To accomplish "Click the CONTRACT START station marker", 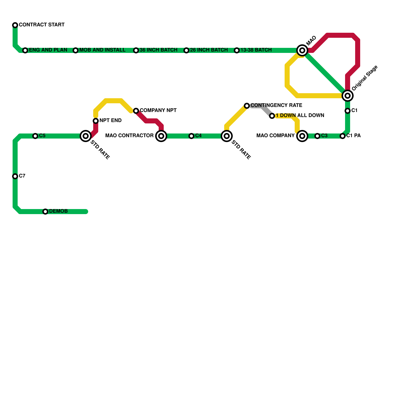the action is coord(15,25).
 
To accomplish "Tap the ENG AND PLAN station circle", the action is coord(25,50).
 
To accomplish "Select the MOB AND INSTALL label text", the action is coord(102,50).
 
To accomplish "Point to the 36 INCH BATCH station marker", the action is coord(136,50).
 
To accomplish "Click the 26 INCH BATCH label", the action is coord(209,50).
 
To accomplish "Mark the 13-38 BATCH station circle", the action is coord(237,50).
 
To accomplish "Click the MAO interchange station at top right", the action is coord(302,50).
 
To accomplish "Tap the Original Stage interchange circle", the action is coord(348,96).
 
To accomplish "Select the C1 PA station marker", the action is coord(343,136).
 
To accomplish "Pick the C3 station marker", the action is coord(317,136).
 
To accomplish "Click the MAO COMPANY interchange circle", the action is coord(302,136).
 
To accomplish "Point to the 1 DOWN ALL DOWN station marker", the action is coord(272,116).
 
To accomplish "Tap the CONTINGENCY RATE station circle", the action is coord(247,106).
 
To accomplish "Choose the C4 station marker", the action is coord(191,136).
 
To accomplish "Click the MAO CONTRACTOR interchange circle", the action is coord(161,136).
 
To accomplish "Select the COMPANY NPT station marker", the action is coord(136,111).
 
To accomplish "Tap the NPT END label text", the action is coord(110,121).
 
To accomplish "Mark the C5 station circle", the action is coord(35,136).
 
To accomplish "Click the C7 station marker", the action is coord(15,176).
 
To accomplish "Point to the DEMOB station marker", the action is coord(45,212).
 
